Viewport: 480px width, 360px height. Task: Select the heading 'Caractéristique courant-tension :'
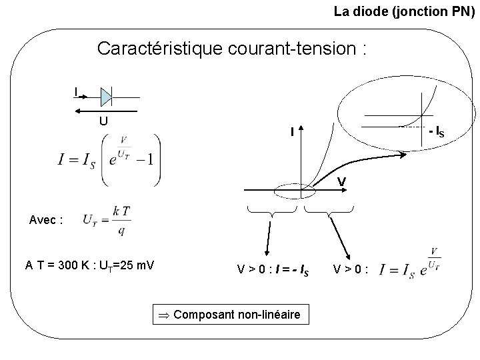(x=233, y=49)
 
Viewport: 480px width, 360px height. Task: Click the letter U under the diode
(x=103, y=121)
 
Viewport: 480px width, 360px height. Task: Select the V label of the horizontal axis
(x=341, y=181)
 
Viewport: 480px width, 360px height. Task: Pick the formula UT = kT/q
(x=107, y=219)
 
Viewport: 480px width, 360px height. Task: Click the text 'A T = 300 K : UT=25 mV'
(x=90, y=265)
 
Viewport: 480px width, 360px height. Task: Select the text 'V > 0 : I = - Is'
(x=273, y=271)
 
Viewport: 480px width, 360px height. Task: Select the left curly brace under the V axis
(x=271, y=213)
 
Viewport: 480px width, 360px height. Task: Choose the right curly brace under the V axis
(x=329, y=213)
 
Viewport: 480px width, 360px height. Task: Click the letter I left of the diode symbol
(x=76, y=91)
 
